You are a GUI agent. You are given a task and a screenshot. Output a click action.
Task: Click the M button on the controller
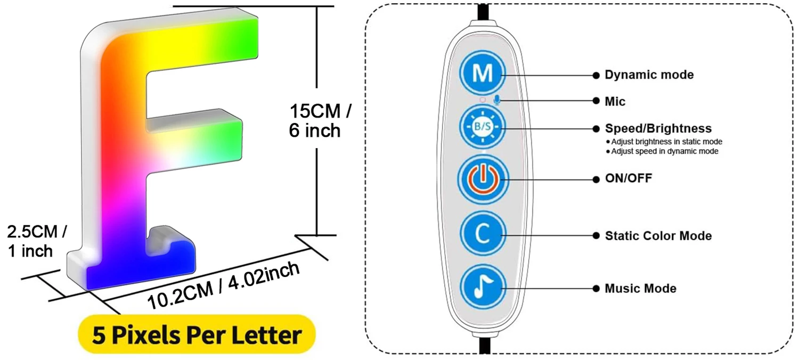point(483,74)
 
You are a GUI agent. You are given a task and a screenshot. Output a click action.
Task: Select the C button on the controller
point(483,234)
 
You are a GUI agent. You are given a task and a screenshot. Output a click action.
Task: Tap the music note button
point(483,288)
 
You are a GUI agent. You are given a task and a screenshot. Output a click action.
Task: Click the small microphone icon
point(497,100)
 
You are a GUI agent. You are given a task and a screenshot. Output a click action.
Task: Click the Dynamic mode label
point(649,75)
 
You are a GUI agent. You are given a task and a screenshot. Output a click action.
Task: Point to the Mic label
point(615,101)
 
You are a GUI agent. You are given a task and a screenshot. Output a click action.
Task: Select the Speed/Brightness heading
point(658,128)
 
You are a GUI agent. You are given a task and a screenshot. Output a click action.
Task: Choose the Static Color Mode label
point(658,235)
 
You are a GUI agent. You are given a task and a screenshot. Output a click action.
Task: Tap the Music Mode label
point(640,289)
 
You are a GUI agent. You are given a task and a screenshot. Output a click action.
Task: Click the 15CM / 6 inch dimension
point(319,121)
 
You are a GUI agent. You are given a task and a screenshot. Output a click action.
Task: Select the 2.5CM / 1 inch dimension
point(36,241)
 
